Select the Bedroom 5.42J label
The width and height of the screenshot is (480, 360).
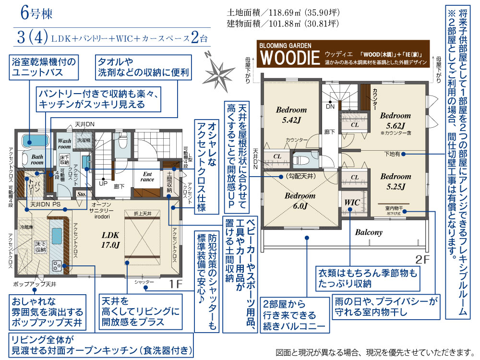click(x=291, y=114)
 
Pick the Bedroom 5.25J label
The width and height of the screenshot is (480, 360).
click(x=396, y=181)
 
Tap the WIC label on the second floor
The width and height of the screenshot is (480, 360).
click(x=352, y=203)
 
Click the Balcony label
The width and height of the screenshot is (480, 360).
click(x=369, y=232)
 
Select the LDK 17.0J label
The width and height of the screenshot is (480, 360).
click(x=110, y=240)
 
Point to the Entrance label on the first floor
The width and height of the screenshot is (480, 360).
click(x=147, y=177)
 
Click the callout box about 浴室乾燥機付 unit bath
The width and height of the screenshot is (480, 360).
click(x=50, y=68)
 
